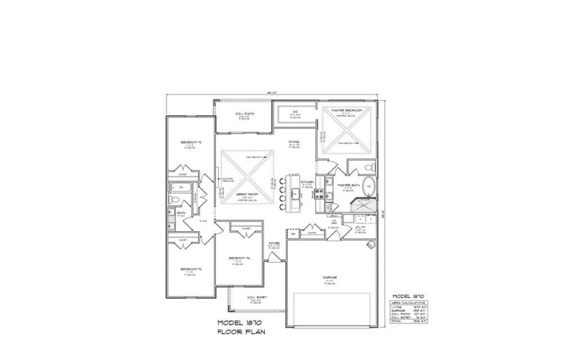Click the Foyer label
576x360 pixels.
[274, 243]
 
